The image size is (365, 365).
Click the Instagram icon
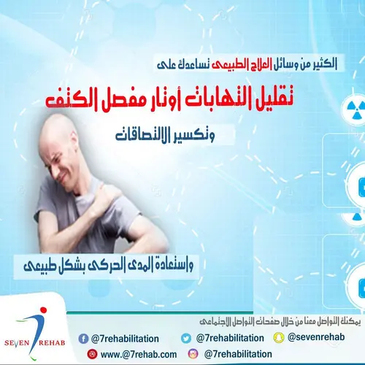tap(193, 354)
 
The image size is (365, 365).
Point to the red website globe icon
tap(92, 354)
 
